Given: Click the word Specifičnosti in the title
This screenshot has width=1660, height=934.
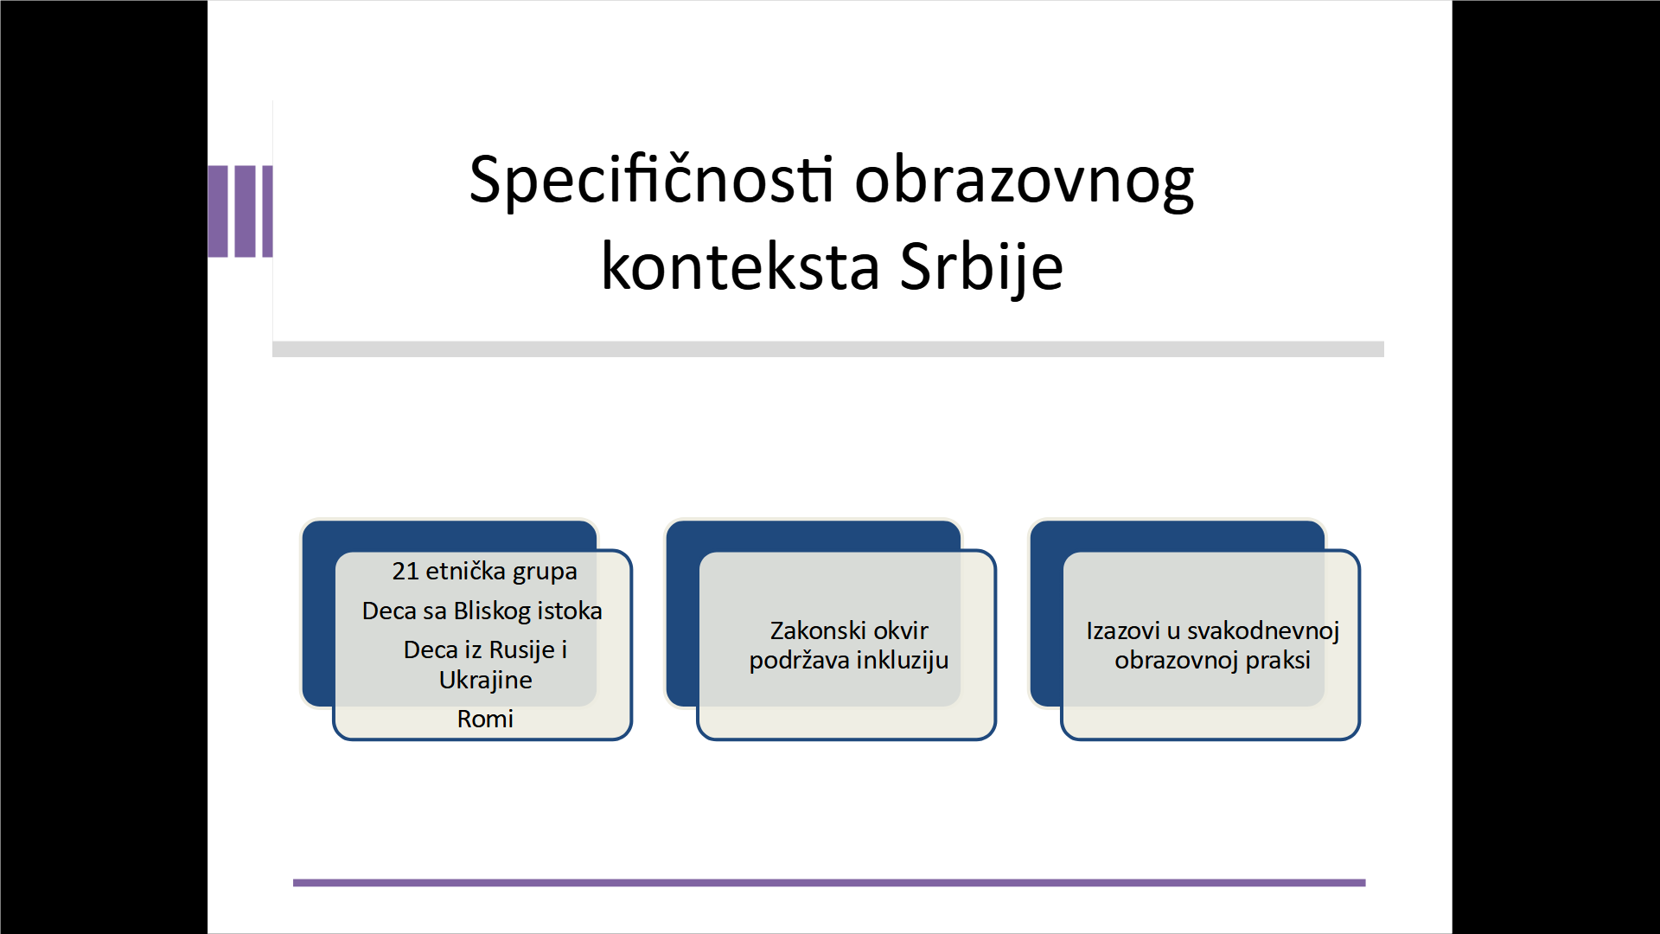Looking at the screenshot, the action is click(x=652, y=181).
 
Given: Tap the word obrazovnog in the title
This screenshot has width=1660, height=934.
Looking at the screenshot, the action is click(x=1025, y=182).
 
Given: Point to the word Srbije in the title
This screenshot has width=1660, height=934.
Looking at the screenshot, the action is click(x=981, y=267).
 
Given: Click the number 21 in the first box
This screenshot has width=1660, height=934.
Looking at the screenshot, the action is click(x=405, y=571).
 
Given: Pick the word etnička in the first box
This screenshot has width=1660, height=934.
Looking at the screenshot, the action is click(x=466, y=571).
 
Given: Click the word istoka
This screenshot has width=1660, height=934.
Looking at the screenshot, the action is click(x=570, y=611).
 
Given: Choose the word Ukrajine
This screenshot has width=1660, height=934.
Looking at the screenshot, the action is click(x=486, y=680).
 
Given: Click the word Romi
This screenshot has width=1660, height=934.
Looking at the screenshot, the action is click(x=485, y=719).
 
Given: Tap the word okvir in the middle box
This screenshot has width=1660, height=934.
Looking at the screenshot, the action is click(x=901, y=630).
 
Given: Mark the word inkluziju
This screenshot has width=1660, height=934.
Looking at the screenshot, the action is click(x=903, y=661).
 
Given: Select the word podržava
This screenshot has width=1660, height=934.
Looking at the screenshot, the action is click(x=800, y=662).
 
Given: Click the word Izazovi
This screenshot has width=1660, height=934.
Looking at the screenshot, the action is click(x=1123, y=630).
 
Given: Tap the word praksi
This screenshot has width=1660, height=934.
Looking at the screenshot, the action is click(x=1278, y=661).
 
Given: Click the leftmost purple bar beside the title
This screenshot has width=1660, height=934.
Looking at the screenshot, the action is click(x=218, y=211).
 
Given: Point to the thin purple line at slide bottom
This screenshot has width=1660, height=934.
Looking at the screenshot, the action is click(x=829, y=883).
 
